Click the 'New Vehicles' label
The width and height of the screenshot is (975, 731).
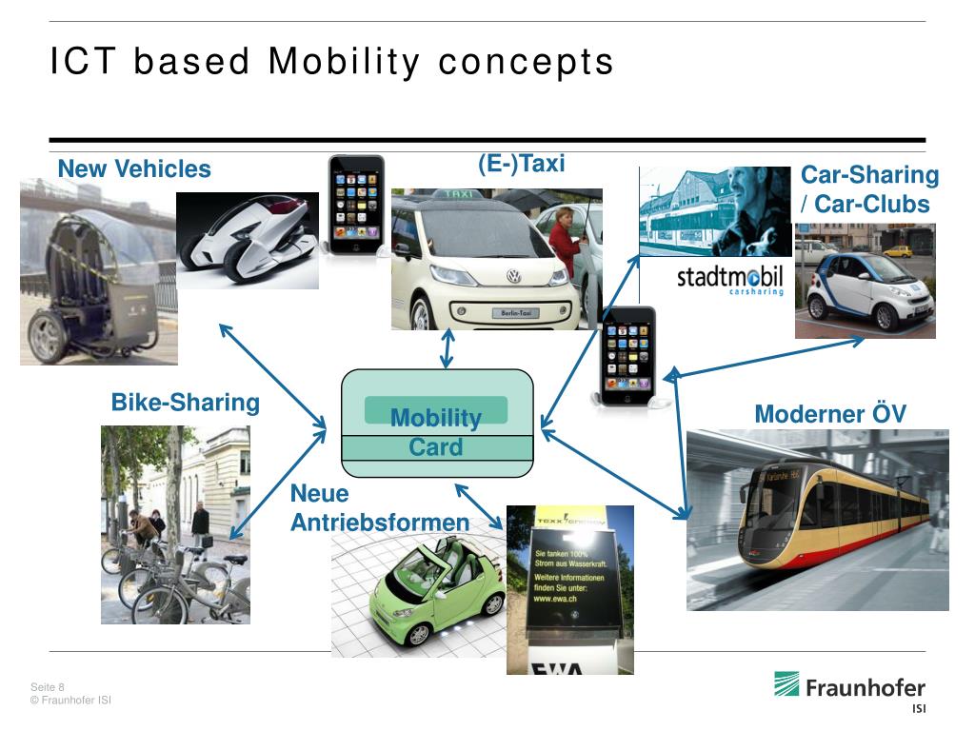click(134, 169)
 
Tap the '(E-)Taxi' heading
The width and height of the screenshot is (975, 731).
click(521, 164)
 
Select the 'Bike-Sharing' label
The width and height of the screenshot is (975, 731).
click(186, 403)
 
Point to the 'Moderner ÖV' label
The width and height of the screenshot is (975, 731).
click(830, 414)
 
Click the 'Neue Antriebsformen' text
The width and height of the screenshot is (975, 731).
click(379, 508)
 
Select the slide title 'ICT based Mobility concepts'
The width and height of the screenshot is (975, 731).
click(332, 62)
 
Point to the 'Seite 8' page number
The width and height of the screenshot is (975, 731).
click(48, 687)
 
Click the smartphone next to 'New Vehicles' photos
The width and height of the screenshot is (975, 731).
click(356, 204)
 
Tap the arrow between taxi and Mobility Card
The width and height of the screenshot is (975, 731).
click(447, 349)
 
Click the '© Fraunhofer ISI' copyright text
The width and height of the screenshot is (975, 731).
click(71, 701)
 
